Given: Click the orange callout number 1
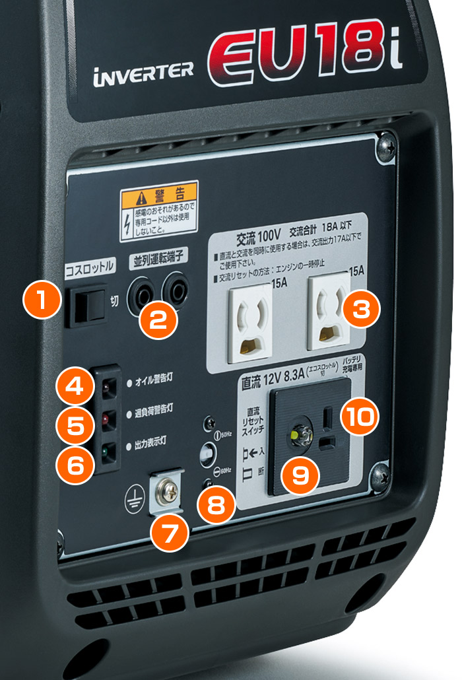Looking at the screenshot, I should point(42,299).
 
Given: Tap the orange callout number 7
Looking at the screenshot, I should point(168,529).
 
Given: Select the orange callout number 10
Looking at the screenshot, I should point(359,416).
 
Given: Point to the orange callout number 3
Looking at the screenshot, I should point(358,308).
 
